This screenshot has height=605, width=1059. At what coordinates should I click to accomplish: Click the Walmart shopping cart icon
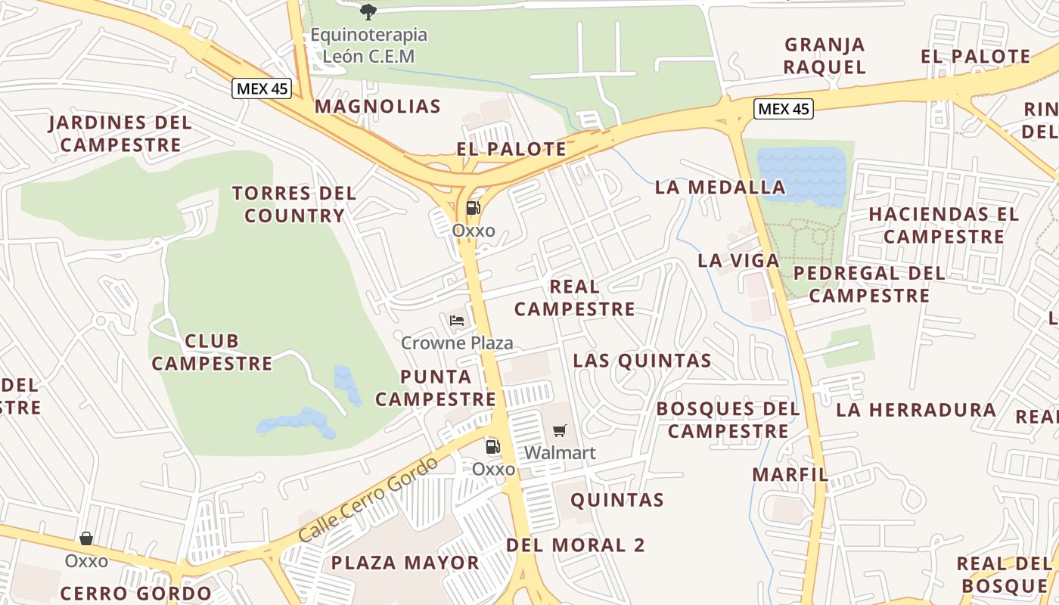559,431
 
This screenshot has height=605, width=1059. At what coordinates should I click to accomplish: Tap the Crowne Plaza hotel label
457,343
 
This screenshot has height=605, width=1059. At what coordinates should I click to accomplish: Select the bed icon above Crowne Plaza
456,321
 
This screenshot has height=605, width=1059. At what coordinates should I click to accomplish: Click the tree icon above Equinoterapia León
368,11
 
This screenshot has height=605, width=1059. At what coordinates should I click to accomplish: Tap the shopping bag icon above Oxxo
86,538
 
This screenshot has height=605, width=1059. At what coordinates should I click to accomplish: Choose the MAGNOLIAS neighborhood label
377,106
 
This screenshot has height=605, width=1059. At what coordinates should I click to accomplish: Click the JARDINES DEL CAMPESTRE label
120,133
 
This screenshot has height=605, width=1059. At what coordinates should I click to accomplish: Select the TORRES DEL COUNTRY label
294,204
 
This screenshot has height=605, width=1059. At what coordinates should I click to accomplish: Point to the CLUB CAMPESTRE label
212,352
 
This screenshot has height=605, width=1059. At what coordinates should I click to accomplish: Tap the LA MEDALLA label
720,187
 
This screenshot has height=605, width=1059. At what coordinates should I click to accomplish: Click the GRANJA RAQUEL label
825,56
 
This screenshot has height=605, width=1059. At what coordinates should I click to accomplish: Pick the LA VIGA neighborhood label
738,261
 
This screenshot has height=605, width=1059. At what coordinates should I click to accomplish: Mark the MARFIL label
790,475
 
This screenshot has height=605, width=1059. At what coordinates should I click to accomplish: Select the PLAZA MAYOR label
405,563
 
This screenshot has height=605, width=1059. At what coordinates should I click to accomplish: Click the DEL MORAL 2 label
576,545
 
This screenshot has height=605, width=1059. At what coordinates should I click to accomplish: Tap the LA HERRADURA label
916,410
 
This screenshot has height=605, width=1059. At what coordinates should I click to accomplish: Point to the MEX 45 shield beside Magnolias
261,88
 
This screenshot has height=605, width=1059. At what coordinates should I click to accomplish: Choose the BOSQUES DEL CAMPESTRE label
728,420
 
